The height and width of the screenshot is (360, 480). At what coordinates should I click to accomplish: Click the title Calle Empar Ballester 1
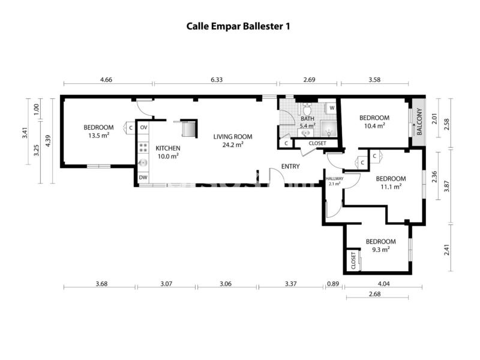238,26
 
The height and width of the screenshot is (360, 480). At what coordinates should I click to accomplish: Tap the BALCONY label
419,122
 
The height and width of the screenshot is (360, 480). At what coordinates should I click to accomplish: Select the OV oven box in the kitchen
143,127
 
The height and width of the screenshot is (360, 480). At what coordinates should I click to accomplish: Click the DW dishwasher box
143,177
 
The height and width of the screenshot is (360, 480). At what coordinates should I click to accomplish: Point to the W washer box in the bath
332,108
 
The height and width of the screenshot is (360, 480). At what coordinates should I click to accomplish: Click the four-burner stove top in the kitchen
143,148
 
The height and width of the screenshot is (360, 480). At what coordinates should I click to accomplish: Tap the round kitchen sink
143,163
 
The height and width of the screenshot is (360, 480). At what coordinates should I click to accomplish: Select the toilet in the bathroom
307,108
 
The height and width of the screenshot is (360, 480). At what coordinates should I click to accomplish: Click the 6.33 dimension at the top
217,80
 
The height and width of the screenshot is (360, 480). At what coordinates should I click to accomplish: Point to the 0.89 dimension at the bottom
333,284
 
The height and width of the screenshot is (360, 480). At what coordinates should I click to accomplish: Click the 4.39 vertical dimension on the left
48,141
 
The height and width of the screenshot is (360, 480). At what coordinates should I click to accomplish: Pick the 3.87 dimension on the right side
446,186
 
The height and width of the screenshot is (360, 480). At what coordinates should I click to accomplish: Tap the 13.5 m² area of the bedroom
98,136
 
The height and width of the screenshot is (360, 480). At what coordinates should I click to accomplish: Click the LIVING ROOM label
233,137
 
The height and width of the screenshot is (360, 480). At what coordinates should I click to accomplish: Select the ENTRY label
290,166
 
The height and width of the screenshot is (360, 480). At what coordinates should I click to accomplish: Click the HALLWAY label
334,178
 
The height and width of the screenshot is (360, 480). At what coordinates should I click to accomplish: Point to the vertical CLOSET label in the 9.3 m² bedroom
353,260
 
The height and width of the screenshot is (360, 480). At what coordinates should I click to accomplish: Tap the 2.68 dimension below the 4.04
374,294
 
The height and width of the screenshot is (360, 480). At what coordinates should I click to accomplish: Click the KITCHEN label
168,148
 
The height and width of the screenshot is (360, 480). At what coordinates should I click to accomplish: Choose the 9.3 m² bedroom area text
380,250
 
